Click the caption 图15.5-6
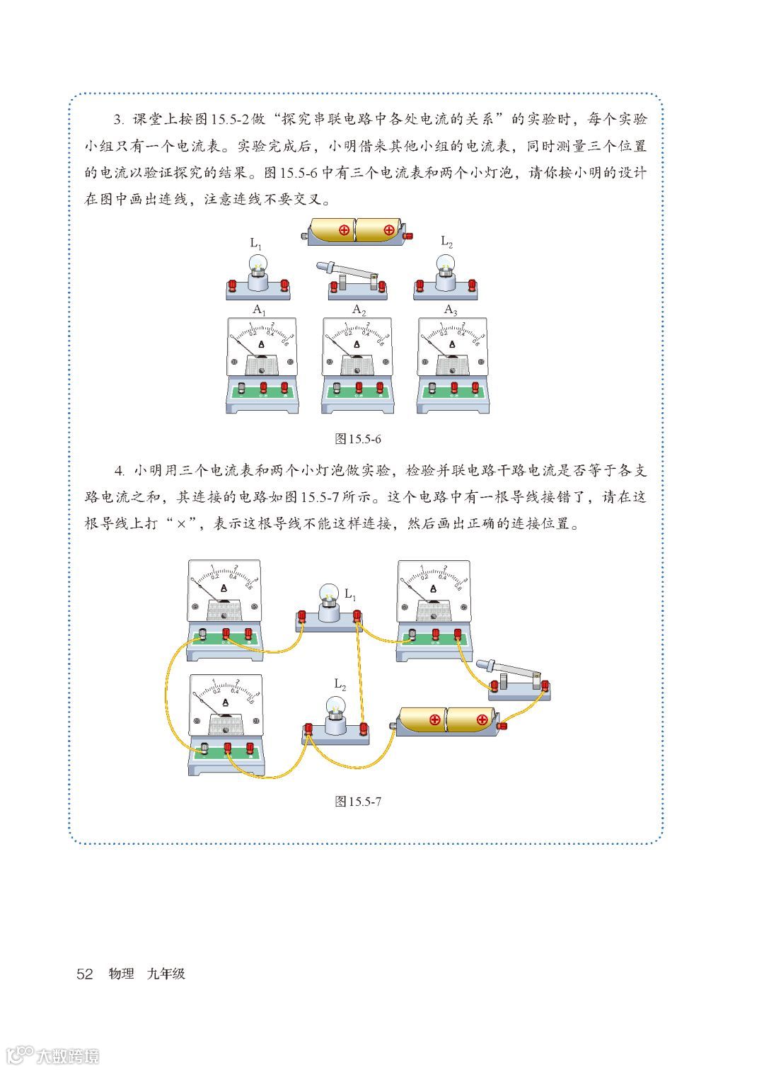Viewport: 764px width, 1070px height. tap(358, 439)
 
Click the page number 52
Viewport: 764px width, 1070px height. tap(84, 974)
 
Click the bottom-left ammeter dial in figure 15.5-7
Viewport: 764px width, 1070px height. tap(226, 704)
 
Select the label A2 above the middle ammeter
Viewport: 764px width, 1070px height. tap(359, 310)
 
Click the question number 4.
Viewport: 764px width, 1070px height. tap(120, 471)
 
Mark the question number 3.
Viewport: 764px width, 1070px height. tap(120, 119)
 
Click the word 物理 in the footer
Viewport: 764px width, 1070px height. tap(121, 974)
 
